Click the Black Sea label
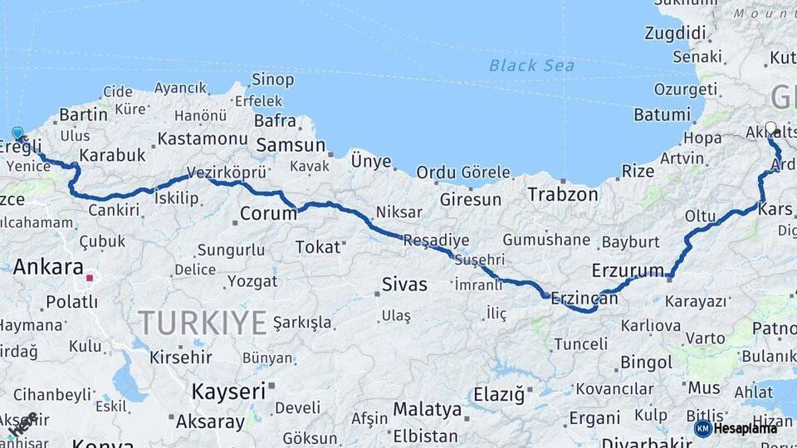[x=531, y=66]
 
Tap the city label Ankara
[x=48, y=267]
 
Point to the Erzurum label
[x=628, y=270]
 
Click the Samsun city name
[x=291, y=145]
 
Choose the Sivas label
[x=404, y=285]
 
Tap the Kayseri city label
[x=228, y=390]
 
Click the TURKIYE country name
[x=203, y=322]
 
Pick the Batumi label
[x=662, y=114]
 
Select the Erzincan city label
[x=584, y=297]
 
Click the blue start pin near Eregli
[x=18, y=134]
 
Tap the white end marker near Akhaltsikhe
[x=770, y=129]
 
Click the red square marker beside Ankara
[x=90, y=278]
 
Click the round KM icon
[x=702, y=428]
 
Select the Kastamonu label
[x=203, y=139]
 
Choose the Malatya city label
[x=427, y=409]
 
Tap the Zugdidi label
[x=675, y=34]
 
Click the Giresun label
[x=471, y=200]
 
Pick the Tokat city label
[x=318, y=247]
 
